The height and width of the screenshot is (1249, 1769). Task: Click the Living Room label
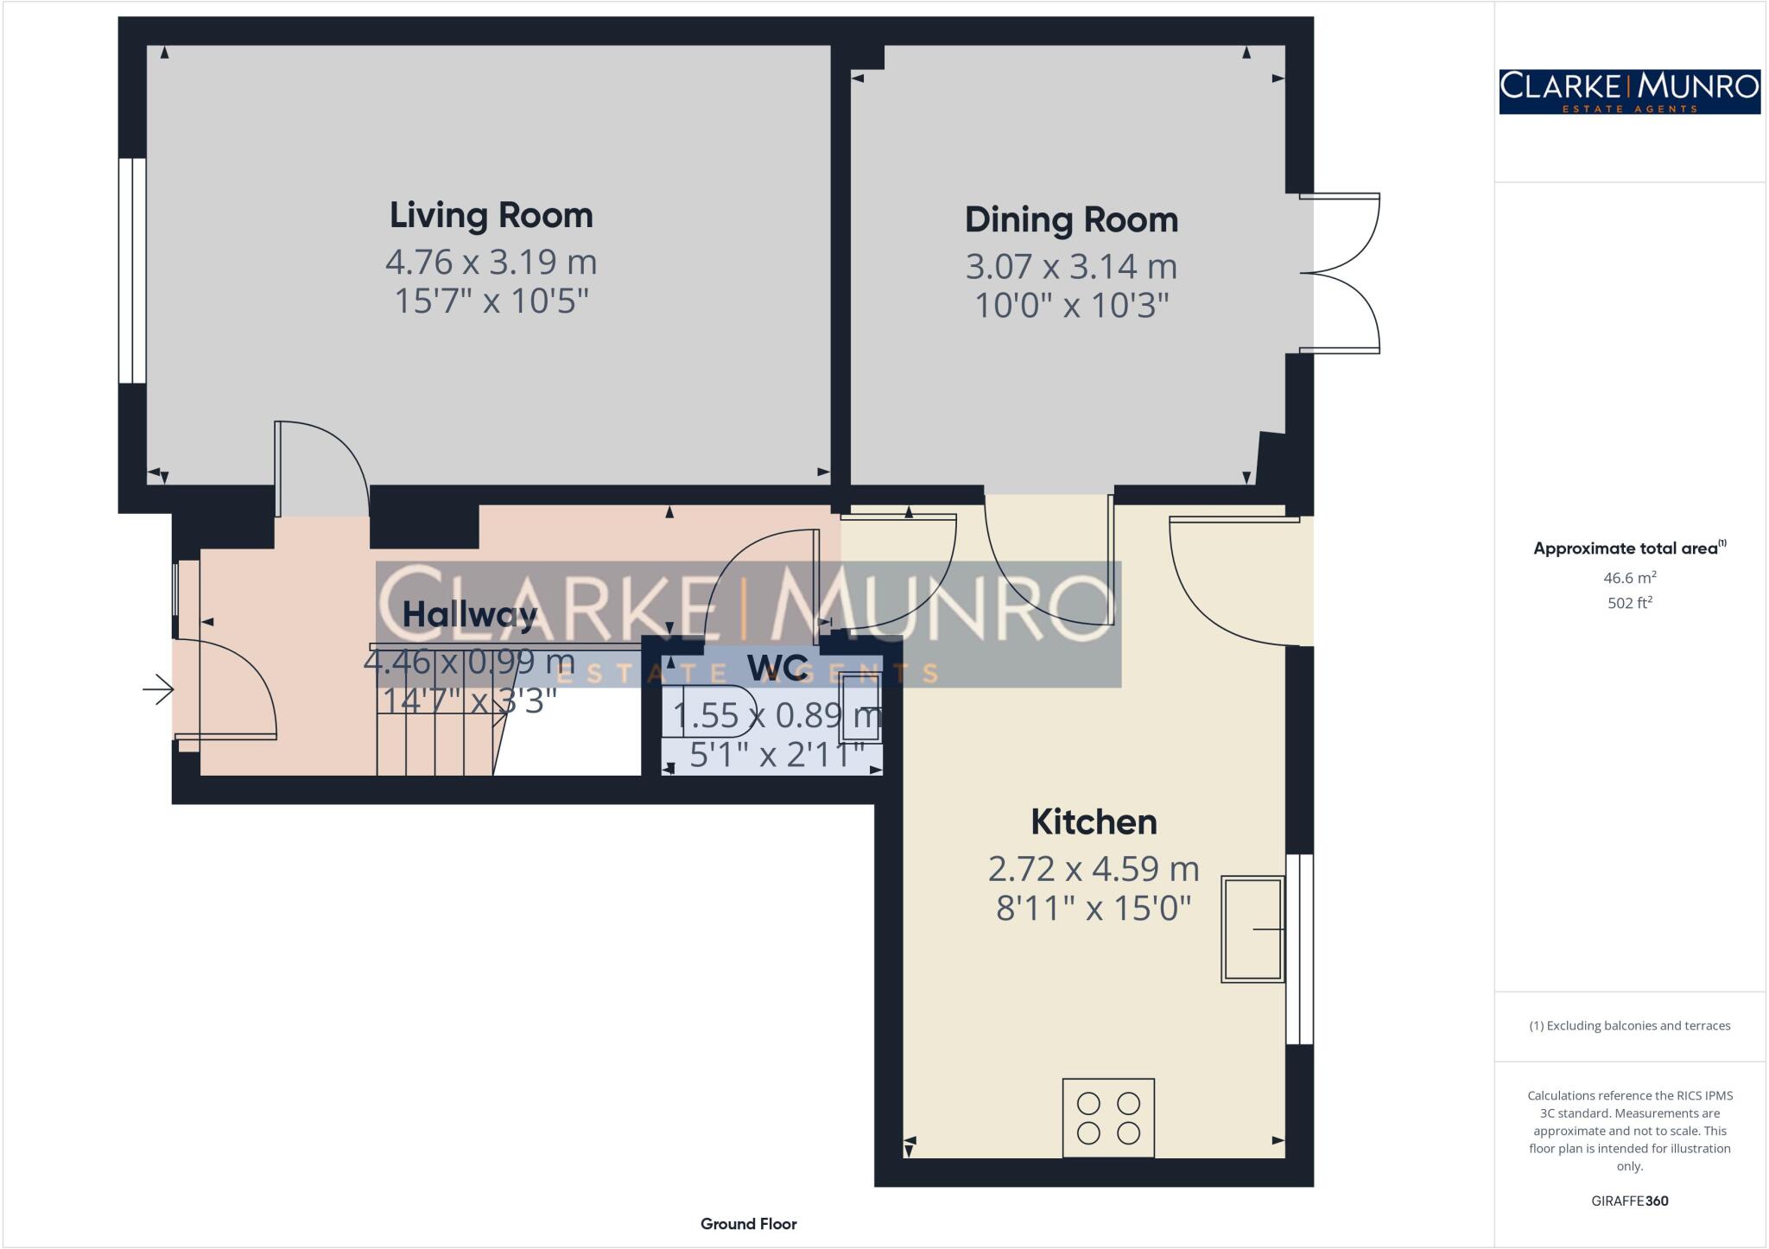pos(491,215)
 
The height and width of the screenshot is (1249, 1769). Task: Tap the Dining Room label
pos(1071,219)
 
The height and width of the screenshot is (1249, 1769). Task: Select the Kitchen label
pos(1094,821)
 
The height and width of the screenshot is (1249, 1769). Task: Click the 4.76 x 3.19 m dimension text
pos(491,262)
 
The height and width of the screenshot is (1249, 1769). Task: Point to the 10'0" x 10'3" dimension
pos(1071,306)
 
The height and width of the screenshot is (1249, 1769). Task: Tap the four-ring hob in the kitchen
pos(1108,1117)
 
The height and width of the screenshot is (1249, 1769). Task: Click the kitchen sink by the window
pos(1252,929)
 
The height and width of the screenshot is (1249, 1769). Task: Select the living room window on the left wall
pos(132,270)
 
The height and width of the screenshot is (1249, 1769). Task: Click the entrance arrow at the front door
pos(158,689)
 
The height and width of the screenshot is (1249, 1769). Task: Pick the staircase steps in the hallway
pos(436,734)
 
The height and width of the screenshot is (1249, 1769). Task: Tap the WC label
pos(777,668)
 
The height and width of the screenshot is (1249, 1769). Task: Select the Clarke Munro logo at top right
pos(1629,92)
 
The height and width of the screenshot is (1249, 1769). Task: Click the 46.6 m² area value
pos(1629,578)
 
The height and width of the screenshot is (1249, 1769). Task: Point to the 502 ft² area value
pos(1629,603)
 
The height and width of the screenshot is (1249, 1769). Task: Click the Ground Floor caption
pos(748,1224)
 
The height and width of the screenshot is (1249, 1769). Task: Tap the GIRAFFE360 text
pos(1629,1201)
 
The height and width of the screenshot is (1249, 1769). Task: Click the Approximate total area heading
pos(1627,548)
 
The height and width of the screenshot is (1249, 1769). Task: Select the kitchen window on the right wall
pos(1299,949)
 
